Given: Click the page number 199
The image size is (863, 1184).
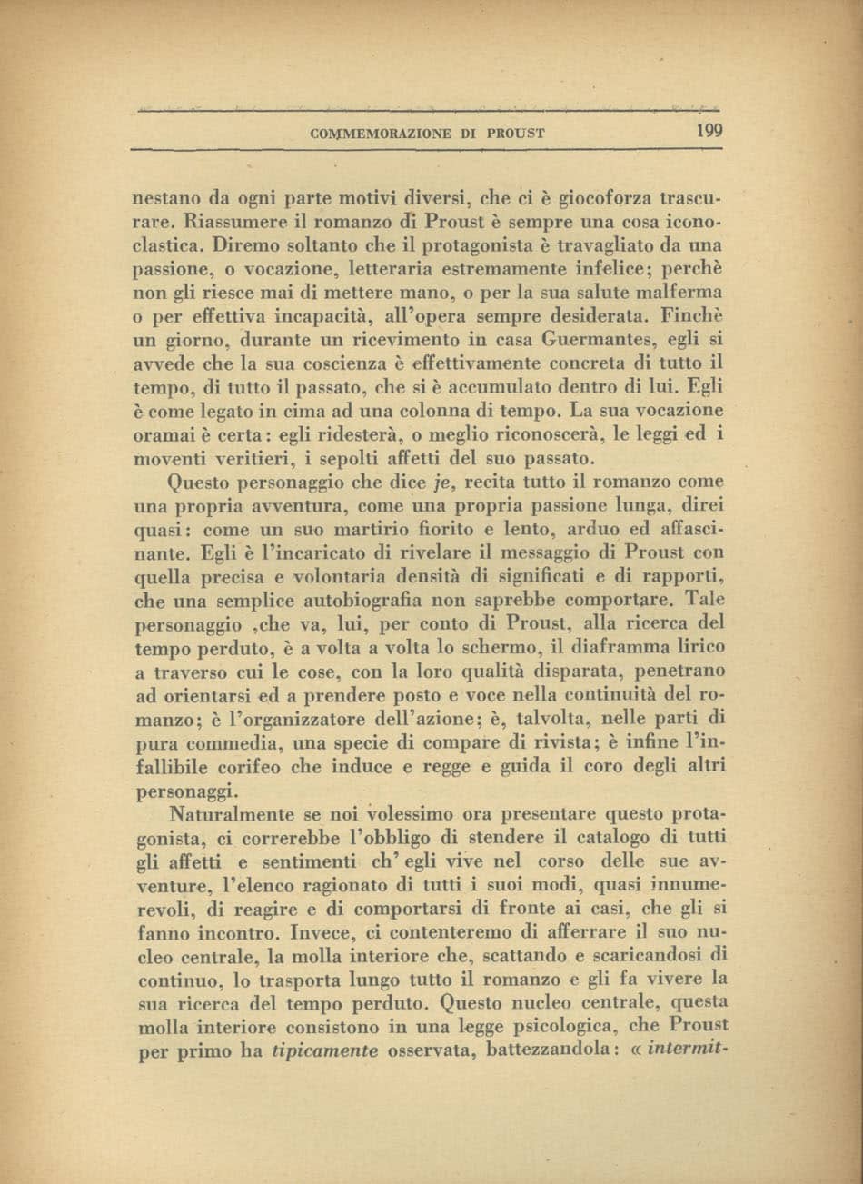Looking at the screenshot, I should tap(709, 131).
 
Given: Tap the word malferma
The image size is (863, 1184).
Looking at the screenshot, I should tap(675, 293).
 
